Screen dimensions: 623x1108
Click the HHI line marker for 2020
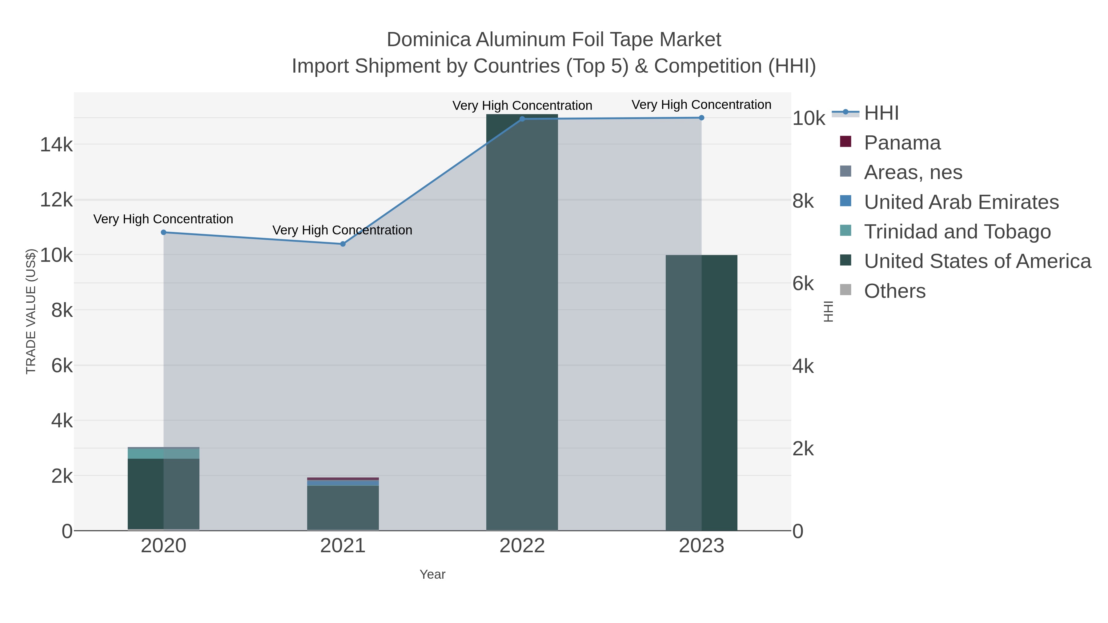click(163, 232)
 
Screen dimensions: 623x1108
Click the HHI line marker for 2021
click(343, 244)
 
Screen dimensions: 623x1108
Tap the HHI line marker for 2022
click(522, 119)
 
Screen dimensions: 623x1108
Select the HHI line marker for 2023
click(701, 118)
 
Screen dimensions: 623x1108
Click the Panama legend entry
click(902, 143)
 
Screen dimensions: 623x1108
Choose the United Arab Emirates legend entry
click(961, 202)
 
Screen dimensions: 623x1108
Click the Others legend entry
click(895, 291)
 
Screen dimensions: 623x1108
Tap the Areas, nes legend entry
click(913, 172)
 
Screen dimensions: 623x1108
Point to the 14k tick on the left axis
click(56, 145)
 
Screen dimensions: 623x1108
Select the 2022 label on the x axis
click(522, 546)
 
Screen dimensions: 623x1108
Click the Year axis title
click(432, 574)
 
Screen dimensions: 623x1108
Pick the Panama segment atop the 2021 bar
click(343, 478)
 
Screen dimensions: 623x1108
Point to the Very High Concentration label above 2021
click(342, 230)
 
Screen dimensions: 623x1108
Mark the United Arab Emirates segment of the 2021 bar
click(343, 483)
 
